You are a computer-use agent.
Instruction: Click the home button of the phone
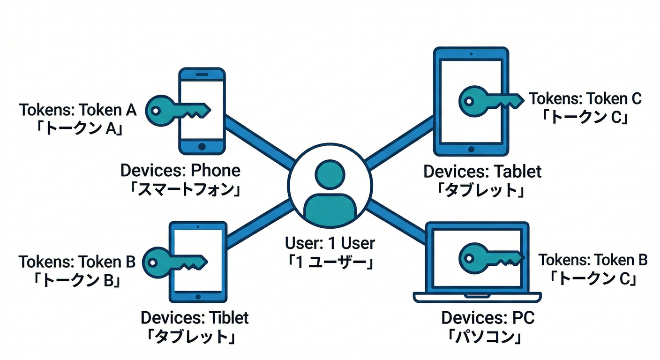202,146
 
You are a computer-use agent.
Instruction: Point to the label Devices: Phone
180,170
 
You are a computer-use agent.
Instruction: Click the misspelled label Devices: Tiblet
195,317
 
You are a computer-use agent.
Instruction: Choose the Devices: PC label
487,318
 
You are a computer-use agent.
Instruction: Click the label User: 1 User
330,243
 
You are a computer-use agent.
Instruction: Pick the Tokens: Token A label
78,110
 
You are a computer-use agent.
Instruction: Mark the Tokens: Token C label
585,99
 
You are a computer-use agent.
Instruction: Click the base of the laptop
477,297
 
